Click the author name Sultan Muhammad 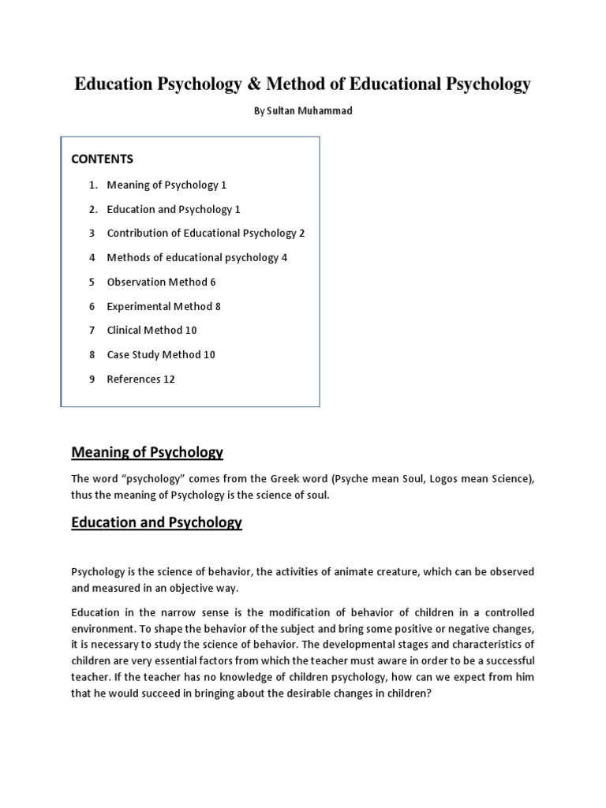(303, 111)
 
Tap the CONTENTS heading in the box (103, 159)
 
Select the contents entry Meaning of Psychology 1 (166, 185)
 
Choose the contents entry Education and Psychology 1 (174, 209)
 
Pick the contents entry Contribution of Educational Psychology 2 (205, 234)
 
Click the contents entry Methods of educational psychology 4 (196, 257)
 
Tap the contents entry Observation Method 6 (161, 282)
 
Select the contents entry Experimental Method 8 (163, 306)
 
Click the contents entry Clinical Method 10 (151, 331)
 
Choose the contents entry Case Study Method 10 (161, 355)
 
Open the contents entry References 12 (140, 380)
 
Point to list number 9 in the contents (92, 380)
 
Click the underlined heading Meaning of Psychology (148, 452)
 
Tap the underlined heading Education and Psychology (156, 522)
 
